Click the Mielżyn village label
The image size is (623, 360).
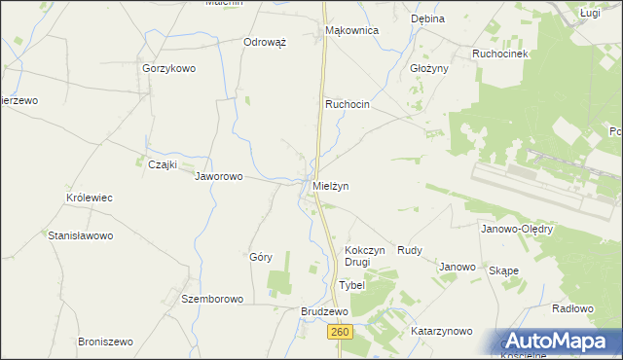(x=330, y=185)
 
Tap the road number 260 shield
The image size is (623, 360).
(x=337, y=332)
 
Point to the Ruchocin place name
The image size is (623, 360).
(x=348, y=103)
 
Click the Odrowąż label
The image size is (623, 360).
(x=264, y=43)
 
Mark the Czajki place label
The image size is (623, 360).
(x=162, y=164)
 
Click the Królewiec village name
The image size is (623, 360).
(x=90, y=198)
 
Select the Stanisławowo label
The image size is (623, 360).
(x=82, y=235)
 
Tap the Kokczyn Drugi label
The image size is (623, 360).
(x=365, y=256)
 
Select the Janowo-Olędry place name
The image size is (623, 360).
(x=517, y=230)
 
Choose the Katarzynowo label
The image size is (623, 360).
(x=441, y=332)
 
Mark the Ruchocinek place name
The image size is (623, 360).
(x=500, y=54)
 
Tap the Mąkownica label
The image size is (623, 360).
(x=351, y=30)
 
